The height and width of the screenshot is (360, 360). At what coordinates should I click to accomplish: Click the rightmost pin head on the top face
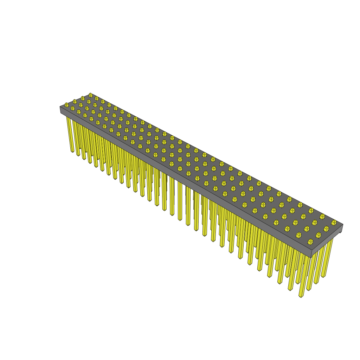tap(334, 223)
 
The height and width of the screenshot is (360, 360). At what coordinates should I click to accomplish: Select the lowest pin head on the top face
tap(310, 242)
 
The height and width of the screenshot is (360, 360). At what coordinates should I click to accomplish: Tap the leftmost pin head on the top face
tap(66, 105)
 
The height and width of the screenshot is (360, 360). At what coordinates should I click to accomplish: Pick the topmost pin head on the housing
tap(90, 95)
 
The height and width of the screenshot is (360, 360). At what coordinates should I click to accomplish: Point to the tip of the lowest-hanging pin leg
tap(301, 296)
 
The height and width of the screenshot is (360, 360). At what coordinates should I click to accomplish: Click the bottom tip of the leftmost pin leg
tap(72, 151)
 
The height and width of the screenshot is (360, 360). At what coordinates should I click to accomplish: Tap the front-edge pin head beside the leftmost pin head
tap(73, 108)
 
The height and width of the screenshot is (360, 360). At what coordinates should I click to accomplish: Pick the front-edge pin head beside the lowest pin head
tap(298, 235)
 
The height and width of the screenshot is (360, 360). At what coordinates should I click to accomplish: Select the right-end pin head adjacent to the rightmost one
tap(326, 229)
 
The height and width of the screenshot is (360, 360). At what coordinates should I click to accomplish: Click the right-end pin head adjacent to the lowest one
tap(318, 235)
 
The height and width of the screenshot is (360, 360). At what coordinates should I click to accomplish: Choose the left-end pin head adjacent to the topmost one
tap(83, 98)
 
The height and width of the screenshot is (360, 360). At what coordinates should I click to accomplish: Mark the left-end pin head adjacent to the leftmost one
tap(75, 102)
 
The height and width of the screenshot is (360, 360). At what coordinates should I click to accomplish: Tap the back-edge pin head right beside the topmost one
tap(97, 98)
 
